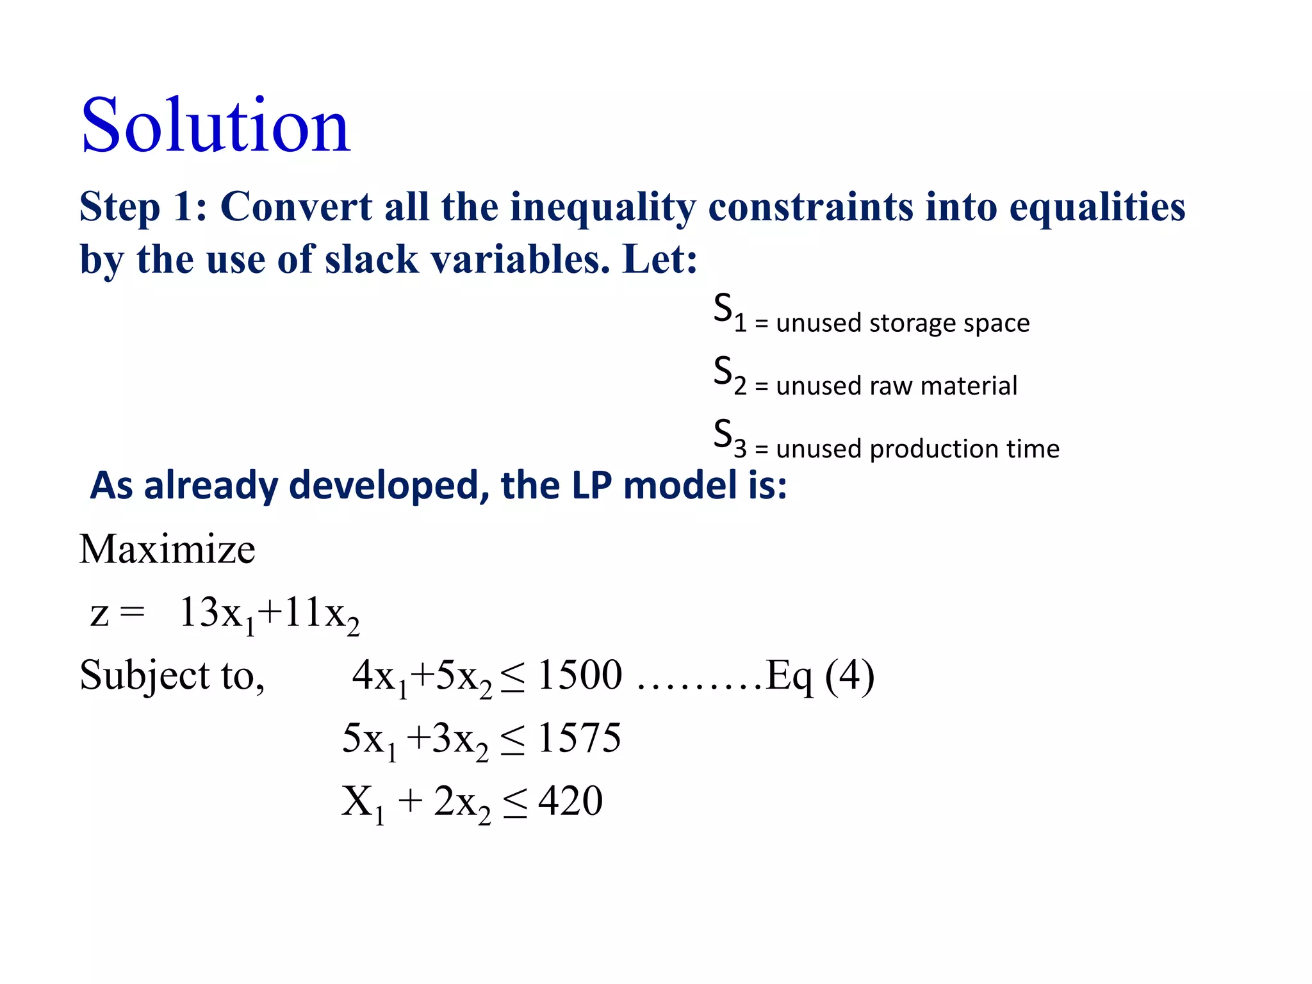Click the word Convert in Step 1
pos(296,207)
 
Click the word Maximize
pos(167,549)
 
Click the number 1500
pos(580,675)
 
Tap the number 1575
pos(579,737)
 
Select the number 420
pos(570,800)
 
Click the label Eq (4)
pos(819,676)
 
